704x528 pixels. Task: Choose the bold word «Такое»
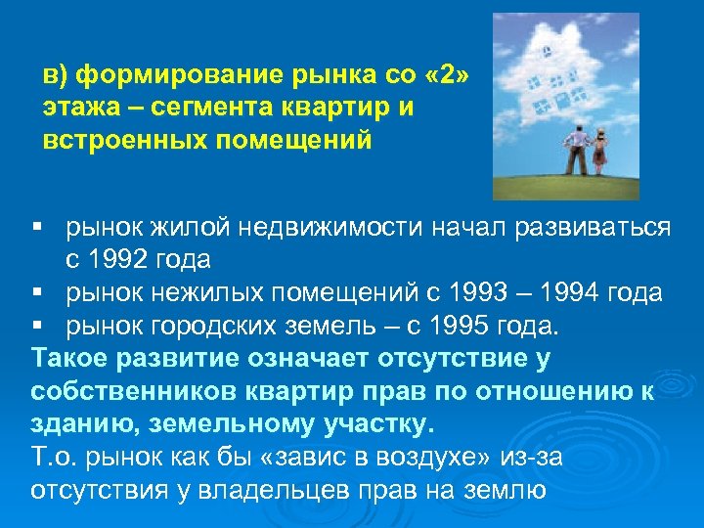(x=69, y=358)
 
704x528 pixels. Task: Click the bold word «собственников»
(x=118, y=390)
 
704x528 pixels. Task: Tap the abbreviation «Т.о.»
(x=56, y=457)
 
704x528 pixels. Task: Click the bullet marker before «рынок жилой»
(x=37, y=229)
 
